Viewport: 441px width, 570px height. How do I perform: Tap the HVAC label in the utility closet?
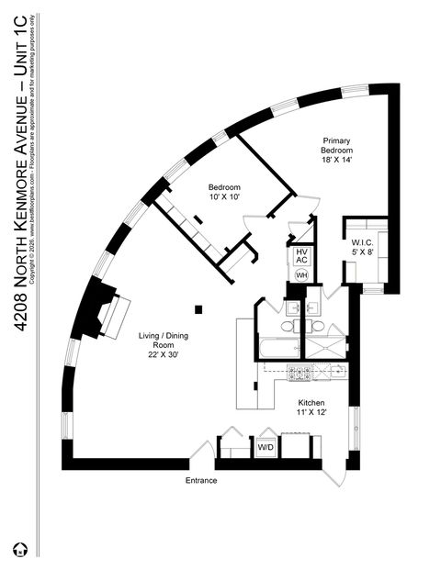300,256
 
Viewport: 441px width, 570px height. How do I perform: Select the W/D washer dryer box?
266,448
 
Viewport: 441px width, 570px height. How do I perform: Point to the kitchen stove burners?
300,372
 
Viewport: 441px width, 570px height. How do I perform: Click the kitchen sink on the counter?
336,372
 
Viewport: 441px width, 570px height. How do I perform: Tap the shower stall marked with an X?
325,348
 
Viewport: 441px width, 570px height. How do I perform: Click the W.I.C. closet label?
361,243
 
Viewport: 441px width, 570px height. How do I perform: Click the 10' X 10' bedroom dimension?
224,196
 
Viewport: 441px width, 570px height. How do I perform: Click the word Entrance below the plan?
201,480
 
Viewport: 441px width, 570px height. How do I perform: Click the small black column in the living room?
198,308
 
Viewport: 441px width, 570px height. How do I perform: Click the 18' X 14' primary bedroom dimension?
336,160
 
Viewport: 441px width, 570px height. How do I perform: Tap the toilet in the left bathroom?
288,325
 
